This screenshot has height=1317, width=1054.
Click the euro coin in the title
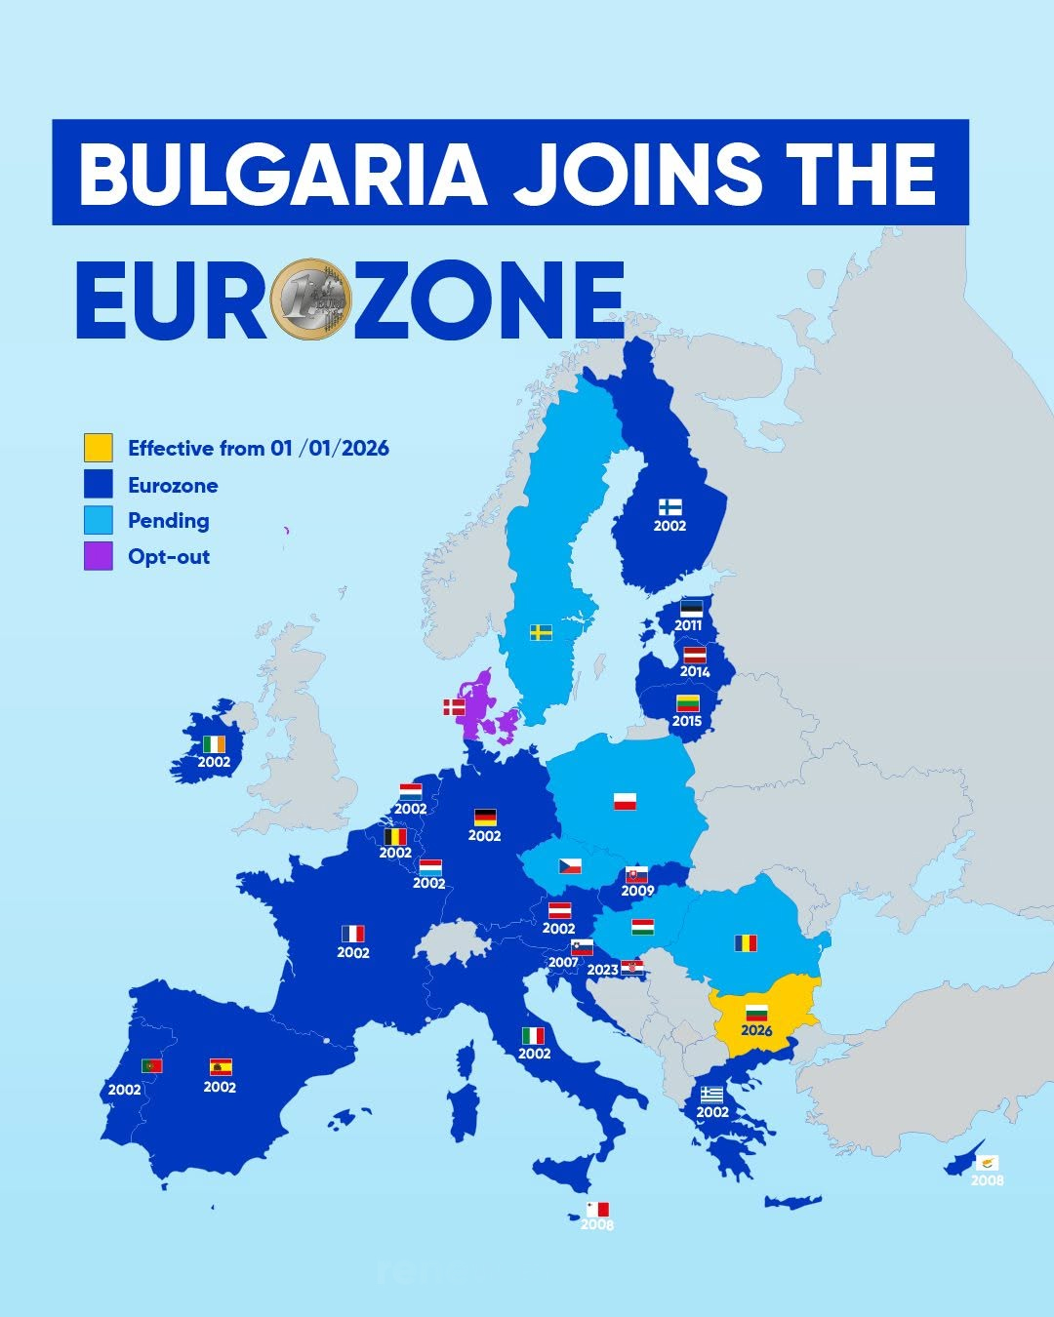310,299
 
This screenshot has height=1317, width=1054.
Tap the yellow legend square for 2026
98,448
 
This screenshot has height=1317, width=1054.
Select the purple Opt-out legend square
98,556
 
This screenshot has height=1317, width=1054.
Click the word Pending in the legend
168,521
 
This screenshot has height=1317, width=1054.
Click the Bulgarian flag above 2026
755,1012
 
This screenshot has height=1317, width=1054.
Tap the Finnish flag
669,507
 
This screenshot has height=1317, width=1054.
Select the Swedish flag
541,632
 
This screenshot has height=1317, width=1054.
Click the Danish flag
455,706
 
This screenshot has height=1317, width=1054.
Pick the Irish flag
214,744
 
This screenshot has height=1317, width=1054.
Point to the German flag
485,818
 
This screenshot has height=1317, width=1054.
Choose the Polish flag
625,802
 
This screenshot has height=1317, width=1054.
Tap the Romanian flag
746,942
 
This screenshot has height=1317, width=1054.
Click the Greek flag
711,1095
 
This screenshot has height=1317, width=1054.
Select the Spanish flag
221,1067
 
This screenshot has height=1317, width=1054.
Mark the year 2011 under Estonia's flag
688,625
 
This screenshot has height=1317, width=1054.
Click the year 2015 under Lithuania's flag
687,721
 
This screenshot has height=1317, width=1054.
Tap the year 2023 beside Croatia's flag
602,970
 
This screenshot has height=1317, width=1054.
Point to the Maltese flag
597,1210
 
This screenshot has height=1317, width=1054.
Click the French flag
352,934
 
